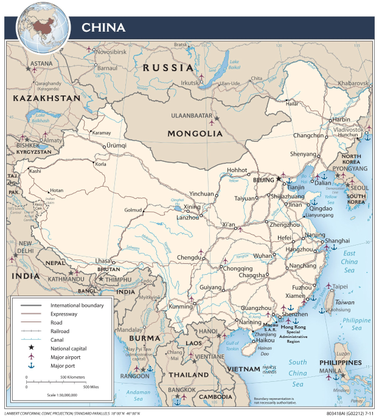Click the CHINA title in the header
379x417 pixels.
point(103,27)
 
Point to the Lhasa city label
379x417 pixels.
point(103,261)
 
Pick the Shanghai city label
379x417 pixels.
point(337,241)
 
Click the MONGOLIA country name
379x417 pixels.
point(195,133)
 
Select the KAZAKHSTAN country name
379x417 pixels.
point(47,98)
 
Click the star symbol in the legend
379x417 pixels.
point(29,348)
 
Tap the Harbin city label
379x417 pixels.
point(339,120)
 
